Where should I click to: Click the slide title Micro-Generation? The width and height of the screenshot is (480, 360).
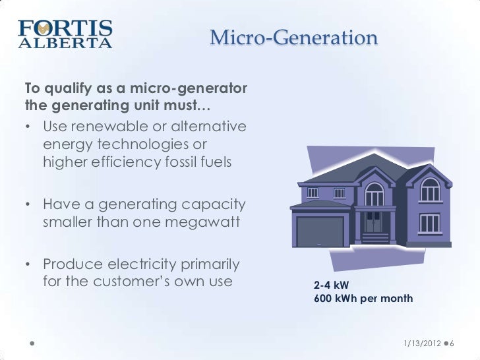coord(293,38)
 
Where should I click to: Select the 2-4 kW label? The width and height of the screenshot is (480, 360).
coord(332,285)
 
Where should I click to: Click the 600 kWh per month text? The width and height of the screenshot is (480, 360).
coord(363,299)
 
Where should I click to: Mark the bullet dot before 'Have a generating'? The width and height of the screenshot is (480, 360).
coord(29,204)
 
